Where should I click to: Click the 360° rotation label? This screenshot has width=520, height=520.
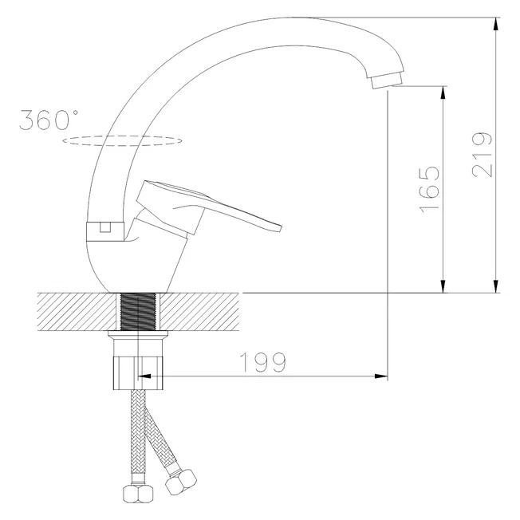coord(49,120)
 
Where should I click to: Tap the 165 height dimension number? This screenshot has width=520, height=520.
coord(430,189)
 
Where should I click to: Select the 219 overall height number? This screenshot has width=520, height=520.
coord(483,155)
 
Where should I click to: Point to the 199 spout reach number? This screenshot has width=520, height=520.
coord(262,362)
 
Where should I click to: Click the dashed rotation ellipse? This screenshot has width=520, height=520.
coord(122,145)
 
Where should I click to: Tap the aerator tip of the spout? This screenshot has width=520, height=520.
coord(387,81)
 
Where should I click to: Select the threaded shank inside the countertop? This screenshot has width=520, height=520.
coord(138,311)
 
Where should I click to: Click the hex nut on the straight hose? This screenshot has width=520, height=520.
coord(138,494)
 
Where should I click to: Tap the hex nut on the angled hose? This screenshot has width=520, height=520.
coord(181,481)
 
